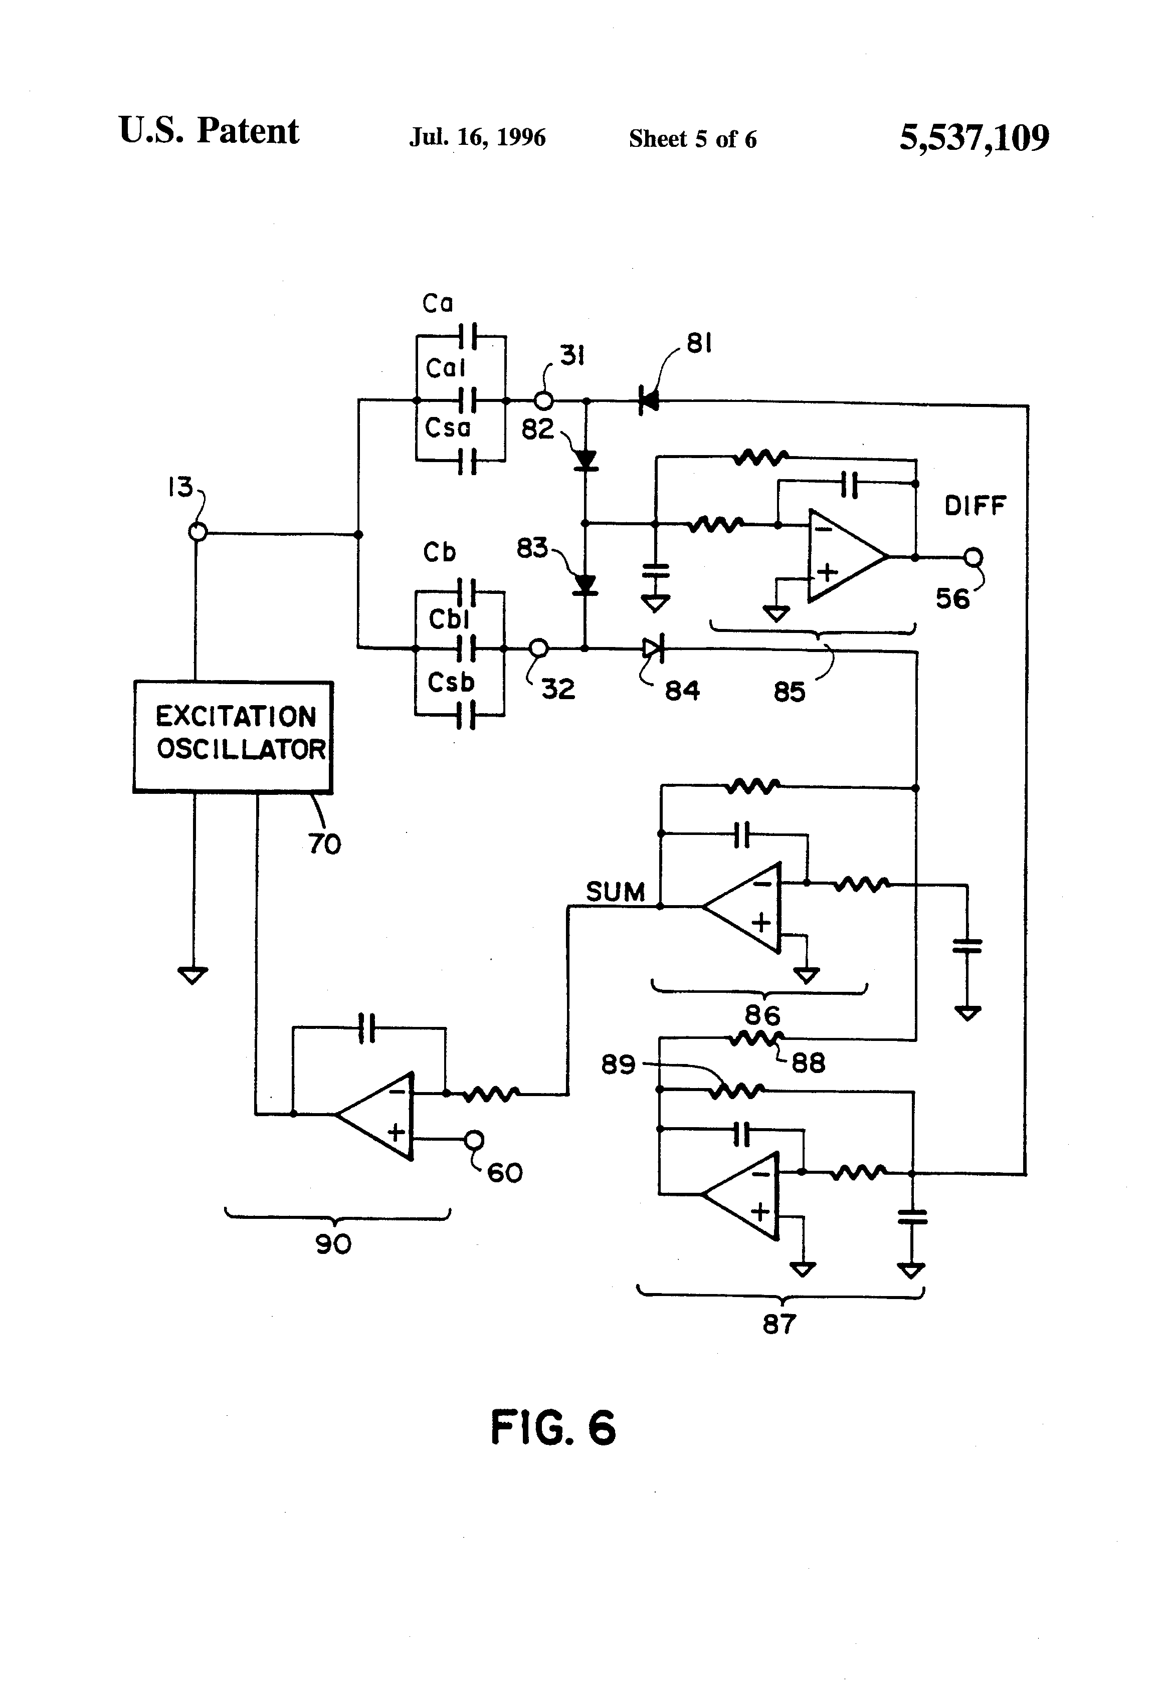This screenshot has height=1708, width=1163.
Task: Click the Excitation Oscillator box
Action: point(233,736)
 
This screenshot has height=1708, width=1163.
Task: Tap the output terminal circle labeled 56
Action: point(974,558)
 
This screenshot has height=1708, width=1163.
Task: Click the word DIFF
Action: point(975,506)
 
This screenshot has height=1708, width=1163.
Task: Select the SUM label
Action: point(615,892)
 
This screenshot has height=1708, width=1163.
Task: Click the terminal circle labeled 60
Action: point(474,1140)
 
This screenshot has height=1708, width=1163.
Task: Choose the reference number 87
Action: point(779,1325)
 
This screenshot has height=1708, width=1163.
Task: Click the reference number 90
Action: point(333,1244)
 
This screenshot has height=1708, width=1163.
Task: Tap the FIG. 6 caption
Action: point(553,1428)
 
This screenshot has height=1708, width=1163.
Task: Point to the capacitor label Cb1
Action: point(449,619)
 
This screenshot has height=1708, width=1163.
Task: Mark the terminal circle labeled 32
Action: point(539,648)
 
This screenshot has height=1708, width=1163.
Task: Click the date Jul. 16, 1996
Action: point(477,137)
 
